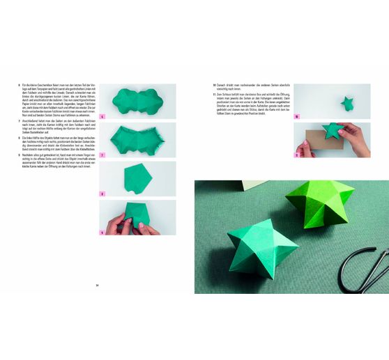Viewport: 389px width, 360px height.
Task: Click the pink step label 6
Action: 102,116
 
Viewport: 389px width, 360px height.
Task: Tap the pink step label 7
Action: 102,155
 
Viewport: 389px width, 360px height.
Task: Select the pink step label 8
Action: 102,194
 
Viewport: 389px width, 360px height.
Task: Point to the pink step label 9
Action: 102,233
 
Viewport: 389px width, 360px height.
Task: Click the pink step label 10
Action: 296,116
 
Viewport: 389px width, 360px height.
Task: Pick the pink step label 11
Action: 296,155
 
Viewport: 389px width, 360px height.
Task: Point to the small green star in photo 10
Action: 347,104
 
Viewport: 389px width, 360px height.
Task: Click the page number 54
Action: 98,285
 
